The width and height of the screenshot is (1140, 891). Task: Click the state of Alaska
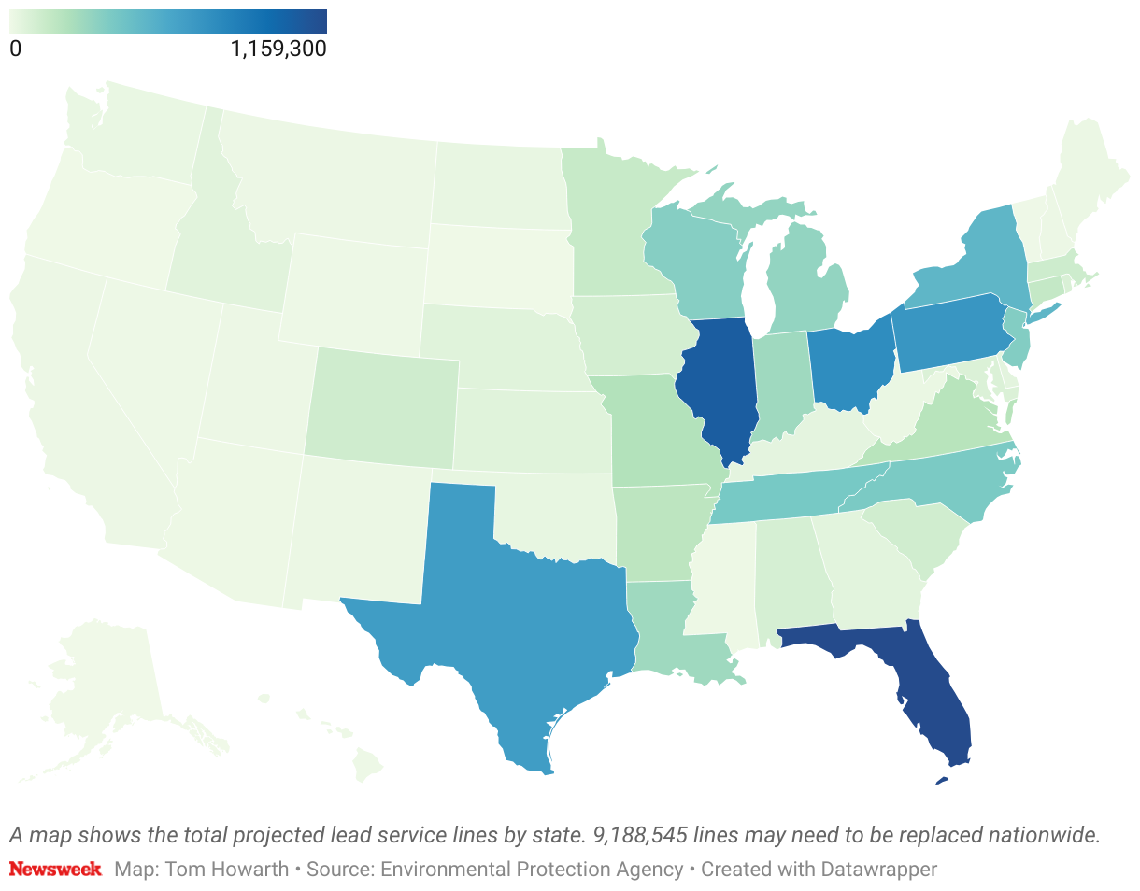coord(103,691)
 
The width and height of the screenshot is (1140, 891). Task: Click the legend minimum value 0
coord(15,49)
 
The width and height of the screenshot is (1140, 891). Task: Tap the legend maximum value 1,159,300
coord(278,49)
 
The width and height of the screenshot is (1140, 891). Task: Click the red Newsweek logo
coord(55,870)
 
